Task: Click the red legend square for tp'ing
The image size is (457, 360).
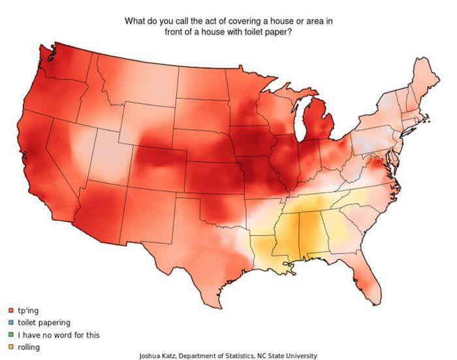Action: click(x=11, y=310)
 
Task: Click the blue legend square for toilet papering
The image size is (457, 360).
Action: click(x=11, y=323)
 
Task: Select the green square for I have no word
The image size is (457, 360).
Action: click(x=11, y=335)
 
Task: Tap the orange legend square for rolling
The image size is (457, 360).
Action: click(x=11, y=348)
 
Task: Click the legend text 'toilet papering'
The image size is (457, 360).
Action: click(x=44, y=323)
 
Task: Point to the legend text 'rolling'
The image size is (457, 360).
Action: click(x=29, y=348)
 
